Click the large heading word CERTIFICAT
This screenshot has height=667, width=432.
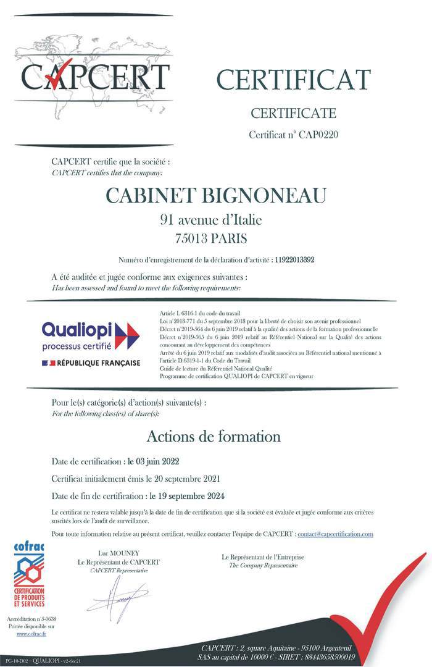point(293,79)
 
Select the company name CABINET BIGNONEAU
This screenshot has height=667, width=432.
point(216,195)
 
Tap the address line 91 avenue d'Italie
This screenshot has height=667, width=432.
point(215,219)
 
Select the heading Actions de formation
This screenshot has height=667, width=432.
point(214,436)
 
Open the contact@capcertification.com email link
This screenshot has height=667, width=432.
point(336,533)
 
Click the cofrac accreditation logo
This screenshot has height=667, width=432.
point(29,574)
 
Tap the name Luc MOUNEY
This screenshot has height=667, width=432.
point(118,553)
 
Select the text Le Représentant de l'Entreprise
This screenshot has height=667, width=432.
point(263,557)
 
